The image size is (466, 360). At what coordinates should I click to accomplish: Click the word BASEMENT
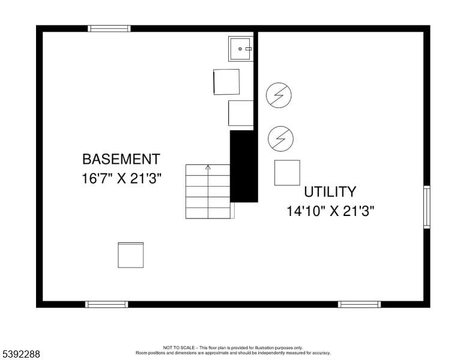coord(121,159)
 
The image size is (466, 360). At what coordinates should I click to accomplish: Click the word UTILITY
coord(330,192)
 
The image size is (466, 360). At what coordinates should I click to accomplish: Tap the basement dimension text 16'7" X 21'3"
coord(121,179)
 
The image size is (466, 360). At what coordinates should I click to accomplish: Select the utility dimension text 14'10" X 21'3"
coord(330,211)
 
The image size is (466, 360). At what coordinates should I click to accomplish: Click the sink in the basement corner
coord(241,49)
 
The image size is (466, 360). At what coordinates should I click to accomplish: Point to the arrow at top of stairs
coord(208,168)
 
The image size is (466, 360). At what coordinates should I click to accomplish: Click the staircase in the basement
coord(208,191)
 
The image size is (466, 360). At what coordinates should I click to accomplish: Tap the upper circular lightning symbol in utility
coord(279,95)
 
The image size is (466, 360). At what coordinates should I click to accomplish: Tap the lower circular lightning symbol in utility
coord(280,139)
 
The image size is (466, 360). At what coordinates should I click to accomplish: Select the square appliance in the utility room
coord(287,173)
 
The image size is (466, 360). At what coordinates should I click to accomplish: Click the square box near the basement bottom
coord(131,255)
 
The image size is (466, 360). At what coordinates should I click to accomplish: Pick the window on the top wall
coord(109,29)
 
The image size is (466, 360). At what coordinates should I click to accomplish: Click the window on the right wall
coord(427,207)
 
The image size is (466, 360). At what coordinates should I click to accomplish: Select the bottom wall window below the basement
coord(107,304)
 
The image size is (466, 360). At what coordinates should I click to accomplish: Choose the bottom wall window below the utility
coord(359,304)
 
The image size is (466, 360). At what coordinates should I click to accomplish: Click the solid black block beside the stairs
coord(244,166)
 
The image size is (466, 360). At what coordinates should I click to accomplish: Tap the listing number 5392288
coord(21,354)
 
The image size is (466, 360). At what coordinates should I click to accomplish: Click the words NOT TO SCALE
coord(179,347)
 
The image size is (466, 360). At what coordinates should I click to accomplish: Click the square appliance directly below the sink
coord(226,82)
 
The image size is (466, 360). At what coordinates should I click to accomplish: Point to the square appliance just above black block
coord(241,113)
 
